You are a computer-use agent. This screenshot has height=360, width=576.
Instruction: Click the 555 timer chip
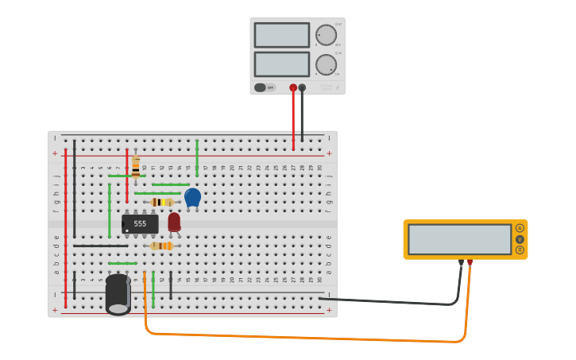click(x=140, y=224)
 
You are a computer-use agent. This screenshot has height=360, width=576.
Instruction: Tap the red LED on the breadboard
click(x=174, y=222)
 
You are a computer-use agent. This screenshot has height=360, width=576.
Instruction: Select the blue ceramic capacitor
click(x=192, y=196)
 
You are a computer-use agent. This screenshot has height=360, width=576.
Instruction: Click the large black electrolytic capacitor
click(x=118, y=293)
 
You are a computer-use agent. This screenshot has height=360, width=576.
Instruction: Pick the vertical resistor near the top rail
click(x=136, y=166)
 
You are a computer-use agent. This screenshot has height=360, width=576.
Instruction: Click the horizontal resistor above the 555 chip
click(x=162, y=202)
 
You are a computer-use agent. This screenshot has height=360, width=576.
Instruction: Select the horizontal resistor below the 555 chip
click(x=161, y=246)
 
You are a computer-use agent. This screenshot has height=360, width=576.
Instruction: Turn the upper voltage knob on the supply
click(x=326, y=35)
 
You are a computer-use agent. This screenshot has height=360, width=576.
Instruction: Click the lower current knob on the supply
click(x=326, y=64)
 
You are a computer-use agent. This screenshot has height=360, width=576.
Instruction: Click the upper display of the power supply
click(x=281, y=35)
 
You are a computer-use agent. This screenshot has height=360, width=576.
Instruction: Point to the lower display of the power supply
click(x=281, y=64)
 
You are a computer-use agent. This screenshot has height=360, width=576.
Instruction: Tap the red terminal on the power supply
click(x=293, y=87)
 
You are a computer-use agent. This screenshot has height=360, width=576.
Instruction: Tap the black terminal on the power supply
click(x=302, y=87)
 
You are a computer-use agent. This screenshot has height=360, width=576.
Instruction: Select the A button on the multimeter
click(x=520, y=228)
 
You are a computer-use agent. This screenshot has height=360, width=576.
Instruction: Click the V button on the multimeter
click(x=520, y=239)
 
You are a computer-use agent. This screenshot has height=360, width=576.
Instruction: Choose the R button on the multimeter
click(x=520, y=250)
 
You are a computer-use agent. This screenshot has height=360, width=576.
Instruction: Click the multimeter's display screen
click(x=459, y=239)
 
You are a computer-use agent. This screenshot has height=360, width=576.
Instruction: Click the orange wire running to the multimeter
click(x=302, y=338)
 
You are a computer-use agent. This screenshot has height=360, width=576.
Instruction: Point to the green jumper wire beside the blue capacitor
click(x=197, y=157)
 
